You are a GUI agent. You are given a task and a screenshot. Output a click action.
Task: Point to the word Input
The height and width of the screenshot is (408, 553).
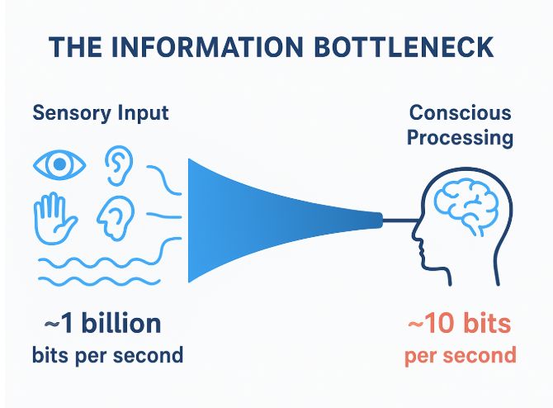(x=138, y=113)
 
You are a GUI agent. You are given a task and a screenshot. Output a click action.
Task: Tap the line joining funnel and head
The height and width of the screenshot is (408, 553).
(x=401, y=221)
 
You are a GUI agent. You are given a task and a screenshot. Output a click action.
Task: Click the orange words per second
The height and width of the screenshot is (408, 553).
(x=461, y=356)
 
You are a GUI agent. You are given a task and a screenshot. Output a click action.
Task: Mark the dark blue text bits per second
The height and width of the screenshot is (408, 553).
(x=107, y=356)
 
